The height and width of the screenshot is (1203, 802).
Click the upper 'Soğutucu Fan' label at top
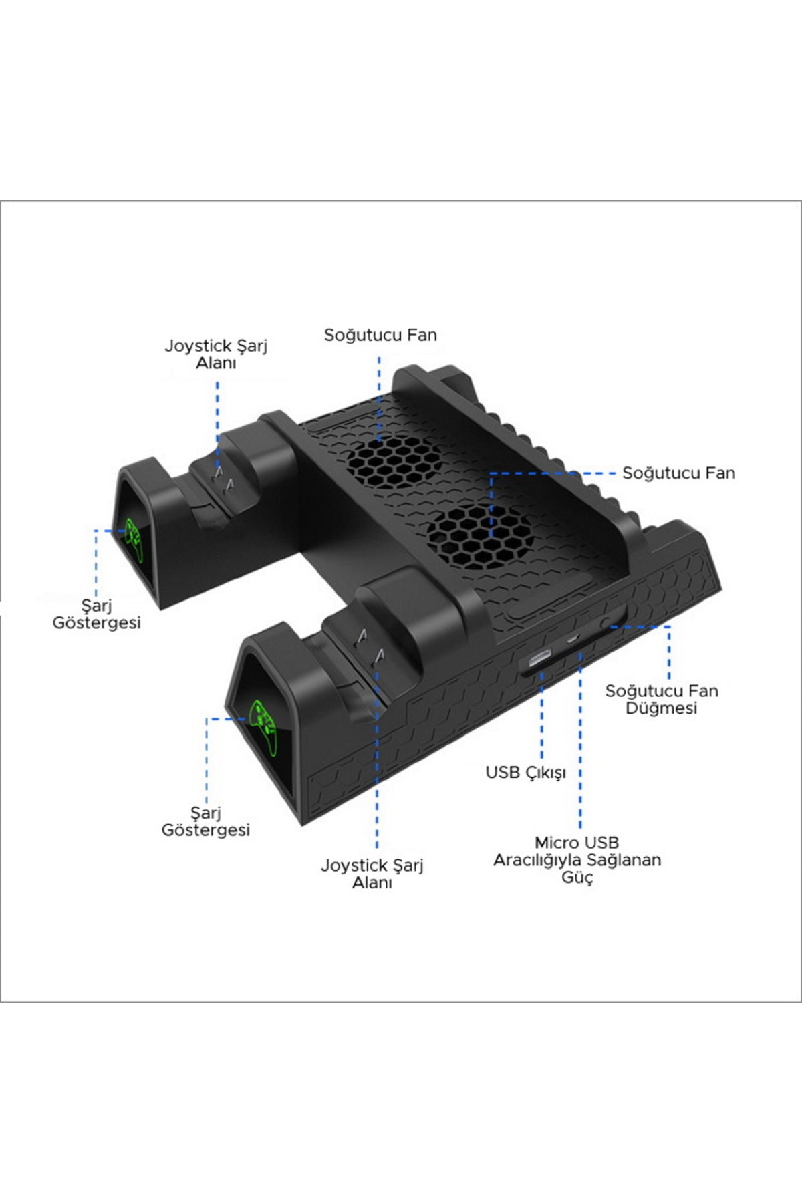pos(380,335)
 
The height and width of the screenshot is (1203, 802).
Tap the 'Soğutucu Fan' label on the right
pos(678,473)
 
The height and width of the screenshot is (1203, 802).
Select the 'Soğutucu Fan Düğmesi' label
pos(662,699)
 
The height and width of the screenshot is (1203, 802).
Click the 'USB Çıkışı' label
pos(526,773)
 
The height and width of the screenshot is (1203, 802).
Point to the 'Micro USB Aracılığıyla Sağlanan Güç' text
pos(577,860)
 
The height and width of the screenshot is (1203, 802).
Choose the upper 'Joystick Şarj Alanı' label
pos(216,354)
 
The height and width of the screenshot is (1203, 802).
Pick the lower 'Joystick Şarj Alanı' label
pos(372,874)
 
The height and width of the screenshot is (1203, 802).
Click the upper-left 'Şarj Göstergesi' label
pos(97,614)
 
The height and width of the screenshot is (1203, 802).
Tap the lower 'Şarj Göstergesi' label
pos(206,821)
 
